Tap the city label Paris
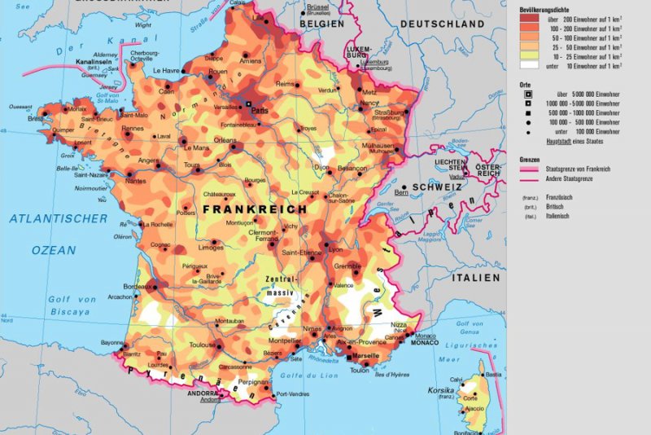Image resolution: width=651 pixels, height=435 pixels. pos(260,108)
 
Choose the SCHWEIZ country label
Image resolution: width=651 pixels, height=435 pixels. pos(437,187)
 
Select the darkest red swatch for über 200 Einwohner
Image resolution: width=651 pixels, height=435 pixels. pos(529,17)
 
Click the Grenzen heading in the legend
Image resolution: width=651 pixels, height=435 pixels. pos(530,159)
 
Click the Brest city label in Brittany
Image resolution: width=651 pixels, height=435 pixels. pos(36,119)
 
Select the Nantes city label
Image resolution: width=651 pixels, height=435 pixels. pos(136,181)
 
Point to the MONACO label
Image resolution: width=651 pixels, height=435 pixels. pos(426,342)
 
